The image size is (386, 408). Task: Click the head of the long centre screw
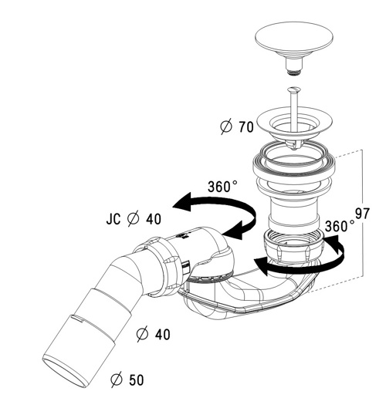coord(294,90)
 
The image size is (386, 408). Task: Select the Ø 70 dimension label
coord(237,127)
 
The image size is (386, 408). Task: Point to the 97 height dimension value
coord(362,214)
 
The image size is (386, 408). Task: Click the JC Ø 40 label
coord(134,219)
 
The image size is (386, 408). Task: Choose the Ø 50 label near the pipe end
coord(127,379)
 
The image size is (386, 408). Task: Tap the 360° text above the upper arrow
coord(222,187)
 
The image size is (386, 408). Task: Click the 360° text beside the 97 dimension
coord(340,226)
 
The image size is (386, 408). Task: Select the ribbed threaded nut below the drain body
coord(294,245)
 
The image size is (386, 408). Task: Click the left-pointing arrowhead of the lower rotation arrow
coord(261,266)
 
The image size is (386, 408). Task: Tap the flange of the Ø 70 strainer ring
coord(294,122)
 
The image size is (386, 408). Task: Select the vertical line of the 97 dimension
coord(362,214)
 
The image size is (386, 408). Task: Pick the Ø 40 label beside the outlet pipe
coord(154,334)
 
